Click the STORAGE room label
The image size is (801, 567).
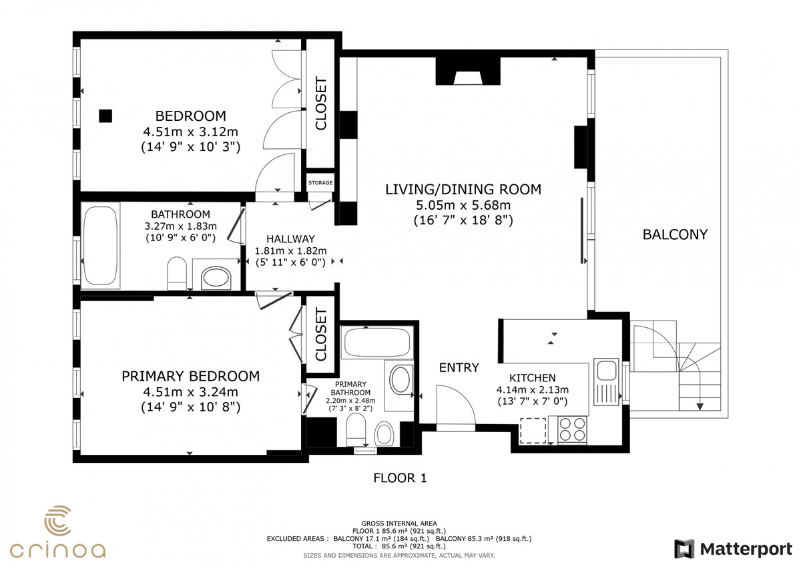pos(320,183)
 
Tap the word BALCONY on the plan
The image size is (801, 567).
pos(675,234)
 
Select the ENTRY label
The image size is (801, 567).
pos(459,368)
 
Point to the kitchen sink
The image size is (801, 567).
pos(607,382)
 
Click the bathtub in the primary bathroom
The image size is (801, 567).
pos(377,342)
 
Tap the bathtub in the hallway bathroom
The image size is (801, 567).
pos(101,245)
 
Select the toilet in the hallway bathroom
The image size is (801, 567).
pos(177,274)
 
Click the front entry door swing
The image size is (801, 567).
pos(456,405)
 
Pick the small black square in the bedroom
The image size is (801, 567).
pos(105,116)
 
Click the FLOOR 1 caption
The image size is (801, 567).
pos(400,478)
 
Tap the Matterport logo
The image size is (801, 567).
pos(734,549)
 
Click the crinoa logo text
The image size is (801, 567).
pos(57,550)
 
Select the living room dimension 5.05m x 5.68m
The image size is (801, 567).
pos(463,205)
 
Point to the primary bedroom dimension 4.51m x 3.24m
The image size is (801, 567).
pos(191,392)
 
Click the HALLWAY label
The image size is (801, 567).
pos(291,239)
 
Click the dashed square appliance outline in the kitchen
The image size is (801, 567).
pos(533,430)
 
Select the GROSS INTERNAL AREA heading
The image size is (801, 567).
pos(399,524)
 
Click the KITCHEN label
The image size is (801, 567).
pos(533,378)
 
